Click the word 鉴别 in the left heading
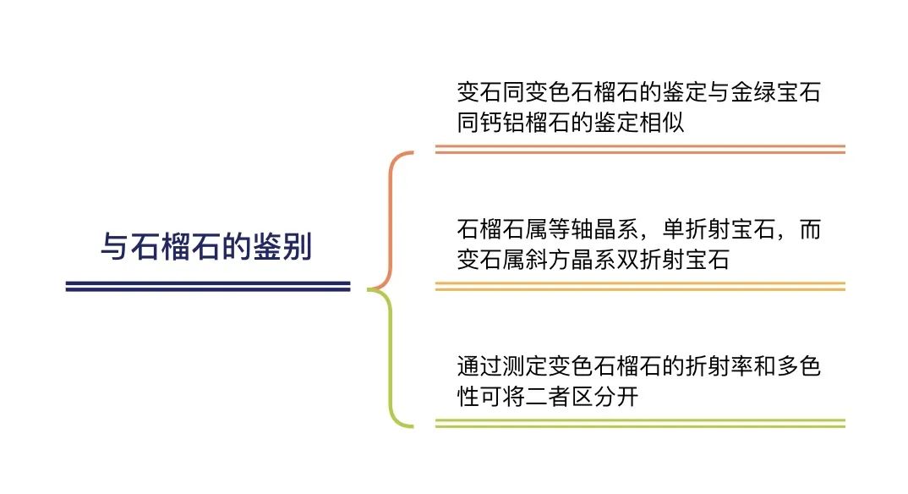coord(282,246)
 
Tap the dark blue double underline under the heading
coord(208,286)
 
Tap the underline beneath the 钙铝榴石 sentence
coord(640,150)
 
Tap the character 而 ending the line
coord(810,229)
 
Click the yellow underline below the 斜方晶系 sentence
coord(640,286)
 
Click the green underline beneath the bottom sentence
coord(640,423)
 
